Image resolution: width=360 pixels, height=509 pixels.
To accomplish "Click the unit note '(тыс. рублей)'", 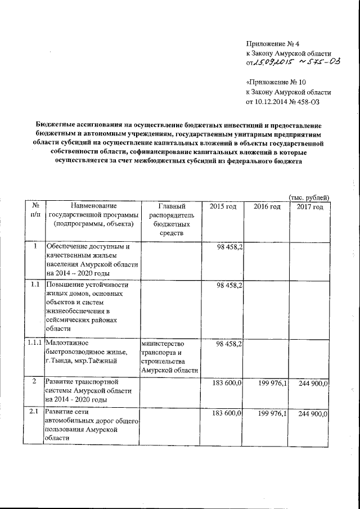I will click(x=308, y=197).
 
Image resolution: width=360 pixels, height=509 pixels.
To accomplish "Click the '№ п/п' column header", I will click(x=35, y=211).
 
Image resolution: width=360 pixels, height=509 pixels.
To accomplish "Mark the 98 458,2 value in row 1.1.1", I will click(x=228, y=343).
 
